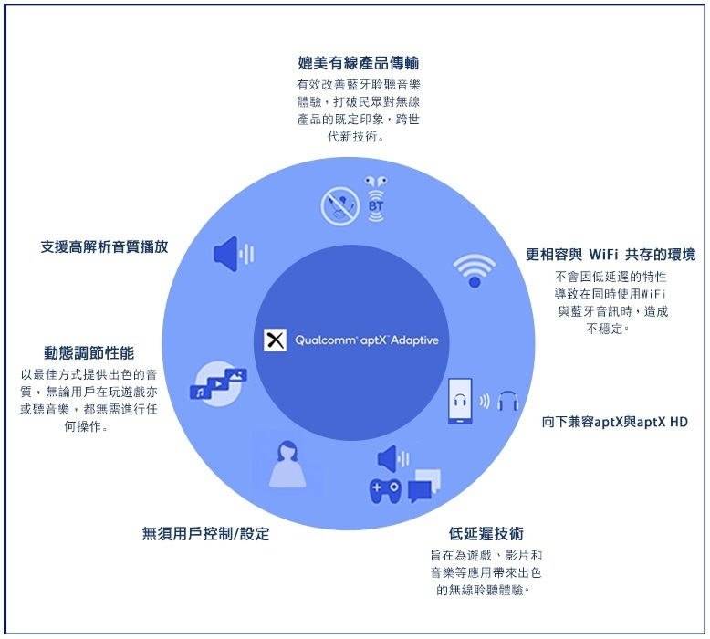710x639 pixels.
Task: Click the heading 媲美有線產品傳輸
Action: click(x=358, y=63)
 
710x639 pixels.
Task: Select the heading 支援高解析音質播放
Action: click(x=105, y=246)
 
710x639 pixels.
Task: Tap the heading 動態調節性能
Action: click(x=89, y=352)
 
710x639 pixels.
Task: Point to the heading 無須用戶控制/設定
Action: click(x=206, y=534)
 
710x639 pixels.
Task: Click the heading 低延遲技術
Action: click(x=486, y=534)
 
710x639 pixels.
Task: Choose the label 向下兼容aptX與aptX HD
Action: click(x=615, y=422)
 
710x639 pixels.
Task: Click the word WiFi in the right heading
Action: click(x=603, y=255)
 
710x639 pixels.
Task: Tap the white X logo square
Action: click(x=275, y=340)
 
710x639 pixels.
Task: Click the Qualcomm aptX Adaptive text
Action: click(x=367, y=340)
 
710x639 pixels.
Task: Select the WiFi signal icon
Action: click(x=475, y=270)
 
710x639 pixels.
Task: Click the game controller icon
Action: click(x=385, y=491)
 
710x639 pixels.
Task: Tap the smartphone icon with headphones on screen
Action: click(x=460, y=402)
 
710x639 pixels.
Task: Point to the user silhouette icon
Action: click(x=287, y=465)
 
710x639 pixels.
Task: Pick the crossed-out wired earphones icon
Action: click(x=340, y=206)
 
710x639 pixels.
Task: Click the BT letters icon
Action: click(x=376, y=206)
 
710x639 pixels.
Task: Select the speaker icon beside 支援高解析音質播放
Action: click(x=234, y=254)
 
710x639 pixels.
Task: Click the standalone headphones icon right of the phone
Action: click(x=508, y=401)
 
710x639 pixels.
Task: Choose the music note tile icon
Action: click(x=200, y=393)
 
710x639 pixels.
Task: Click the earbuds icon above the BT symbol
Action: click(x=376, y=182)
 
